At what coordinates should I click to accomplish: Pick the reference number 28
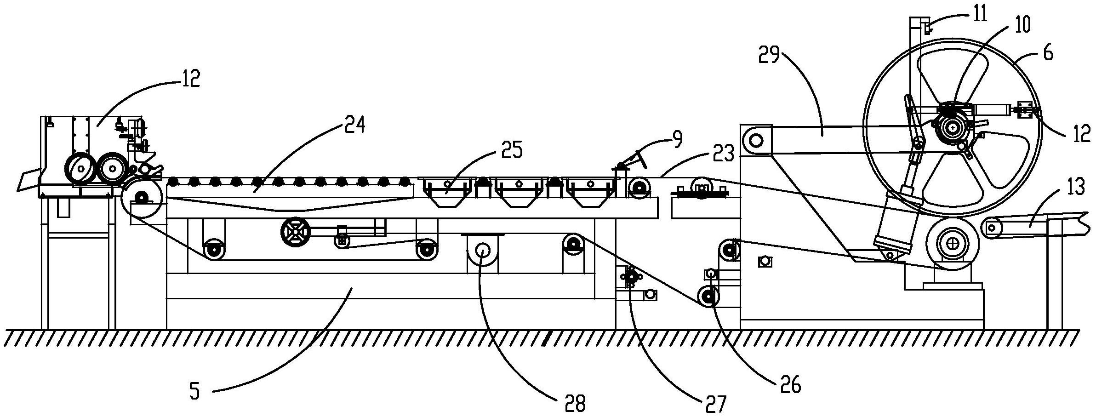pyautogui.click(x=575, y=404)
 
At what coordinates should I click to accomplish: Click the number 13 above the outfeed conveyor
pyautogui.click(x=1075, y=188)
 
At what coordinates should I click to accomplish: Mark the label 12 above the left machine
pyautogui.click(x=189, y=79)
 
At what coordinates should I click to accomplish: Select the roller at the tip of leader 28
pyautogui.click(x=482, y=250)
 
